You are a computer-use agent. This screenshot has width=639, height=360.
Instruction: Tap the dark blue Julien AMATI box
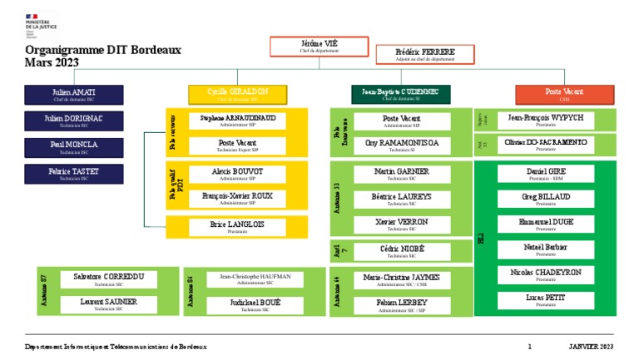click(x=74, y=94)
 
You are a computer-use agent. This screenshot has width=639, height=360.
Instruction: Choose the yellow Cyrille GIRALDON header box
click(x=237, y=94)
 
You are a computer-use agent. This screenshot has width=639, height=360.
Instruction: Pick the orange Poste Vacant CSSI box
click(x=564, y=94)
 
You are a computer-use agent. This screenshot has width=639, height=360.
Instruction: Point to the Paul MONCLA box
click(x=74, y=147)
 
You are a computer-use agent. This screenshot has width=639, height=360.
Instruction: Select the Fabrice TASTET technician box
click(x=74, y=174)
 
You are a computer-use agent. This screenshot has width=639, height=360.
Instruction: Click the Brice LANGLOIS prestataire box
click(x=237, y=227)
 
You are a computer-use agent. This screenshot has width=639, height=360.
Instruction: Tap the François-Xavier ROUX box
click(x=237, y=198)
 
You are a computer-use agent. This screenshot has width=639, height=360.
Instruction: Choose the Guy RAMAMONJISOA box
click(x=402, y=145)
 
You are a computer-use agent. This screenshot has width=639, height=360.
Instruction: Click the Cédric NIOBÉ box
click(x=402, y=251)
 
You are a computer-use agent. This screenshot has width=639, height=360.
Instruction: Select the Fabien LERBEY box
click(x=402, y=305)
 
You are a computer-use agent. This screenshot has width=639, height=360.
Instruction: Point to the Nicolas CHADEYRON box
click(x=545, y=275)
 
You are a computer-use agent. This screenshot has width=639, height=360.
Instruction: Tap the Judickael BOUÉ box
click(x=255, y=305)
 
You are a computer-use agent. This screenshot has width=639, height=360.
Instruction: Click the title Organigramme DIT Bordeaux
click(x=103, y=51)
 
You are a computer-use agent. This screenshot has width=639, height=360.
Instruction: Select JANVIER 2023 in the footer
click(x=591, y=346)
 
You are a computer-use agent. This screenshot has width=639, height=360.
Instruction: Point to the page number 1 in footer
click(x=529, y=346)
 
